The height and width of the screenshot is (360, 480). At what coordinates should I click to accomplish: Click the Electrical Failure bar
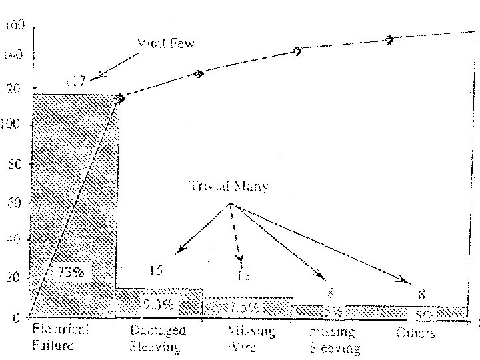pyautogui.click(x=75, y=200)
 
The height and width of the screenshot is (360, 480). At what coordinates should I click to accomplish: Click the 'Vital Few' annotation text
pyautogui.click(x=166, y=43)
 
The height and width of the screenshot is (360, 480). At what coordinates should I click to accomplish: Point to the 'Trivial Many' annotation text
pyautogui.click(x=229, y=187)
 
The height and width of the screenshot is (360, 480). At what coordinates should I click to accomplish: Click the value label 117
pyautogui.click(x=75, y=81)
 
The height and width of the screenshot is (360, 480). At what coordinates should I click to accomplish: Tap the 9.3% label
pyautogui.click(x=158, y=305)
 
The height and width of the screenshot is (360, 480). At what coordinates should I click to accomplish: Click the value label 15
pyautogui.click(x=156, y=270)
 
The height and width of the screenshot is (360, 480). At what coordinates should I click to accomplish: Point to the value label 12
pyautogui.click(x=245, y=275)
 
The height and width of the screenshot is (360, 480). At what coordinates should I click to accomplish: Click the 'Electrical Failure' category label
pyautogui.click(x=60, y=337)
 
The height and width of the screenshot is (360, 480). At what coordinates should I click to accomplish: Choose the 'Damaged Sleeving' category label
pyautogui.click(x=158, y=338)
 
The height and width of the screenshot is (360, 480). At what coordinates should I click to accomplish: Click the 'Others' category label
pyautogui.click(x=415, y=333)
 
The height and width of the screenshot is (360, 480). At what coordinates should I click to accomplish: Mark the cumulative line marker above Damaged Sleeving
pyautogui.click(x=199, y=73)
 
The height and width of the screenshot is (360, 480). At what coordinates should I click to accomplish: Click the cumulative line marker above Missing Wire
pyautogui.click(x=297, y=51)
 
